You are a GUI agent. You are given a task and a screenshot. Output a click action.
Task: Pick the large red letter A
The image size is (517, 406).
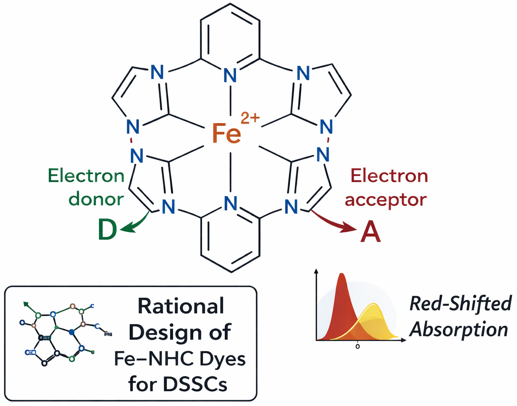(370, 232)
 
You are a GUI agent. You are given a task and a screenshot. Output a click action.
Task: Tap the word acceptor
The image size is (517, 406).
(386, 199)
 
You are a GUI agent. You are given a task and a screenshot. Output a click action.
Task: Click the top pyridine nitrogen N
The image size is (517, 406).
(229, 76)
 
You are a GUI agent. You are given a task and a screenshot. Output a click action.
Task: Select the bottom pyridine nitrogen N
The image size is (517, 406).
(229, 204)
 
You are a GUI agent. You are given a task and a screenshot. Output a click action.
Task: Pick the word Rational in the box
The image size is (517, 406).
(181, 307)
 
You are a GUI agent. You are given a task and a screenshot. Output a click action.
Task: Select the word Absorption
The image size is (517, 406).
(459, 329)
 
